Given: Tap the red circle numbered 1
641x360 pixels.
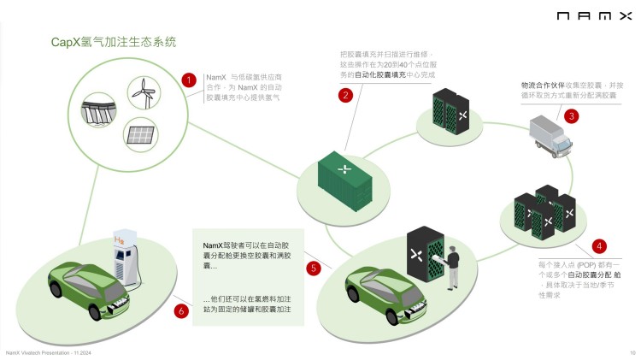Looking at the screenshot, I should pyautogui.click(x=189, y=80).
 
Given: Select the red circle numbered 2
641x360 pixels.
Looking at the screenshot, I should pyautogui.click(x=345, y=95).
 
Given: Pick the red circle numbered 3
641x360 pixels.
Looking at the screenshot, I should pyautogui.click(x=571, y=115).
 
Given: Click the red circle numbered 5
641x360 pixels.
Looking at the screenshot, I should pyautogui.click(x=314, y=268).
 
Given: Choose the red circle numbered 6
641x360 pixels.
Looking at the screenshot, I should pyautogui.click(x=180, y=310).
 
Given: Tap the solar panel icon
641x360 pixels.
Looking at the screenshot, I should pyautogui.click(x=139, y=132).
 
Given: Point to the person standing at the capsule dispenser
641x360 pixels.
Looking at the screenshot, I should pyautogui.click(x=452, y=266).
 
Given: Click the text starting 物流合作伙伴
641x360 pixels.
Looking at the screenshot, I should pyautogui.click(x=571, y=91).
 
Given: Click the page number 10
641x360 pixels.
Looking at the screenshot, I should pyautogui.click(x=632, y=351).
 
